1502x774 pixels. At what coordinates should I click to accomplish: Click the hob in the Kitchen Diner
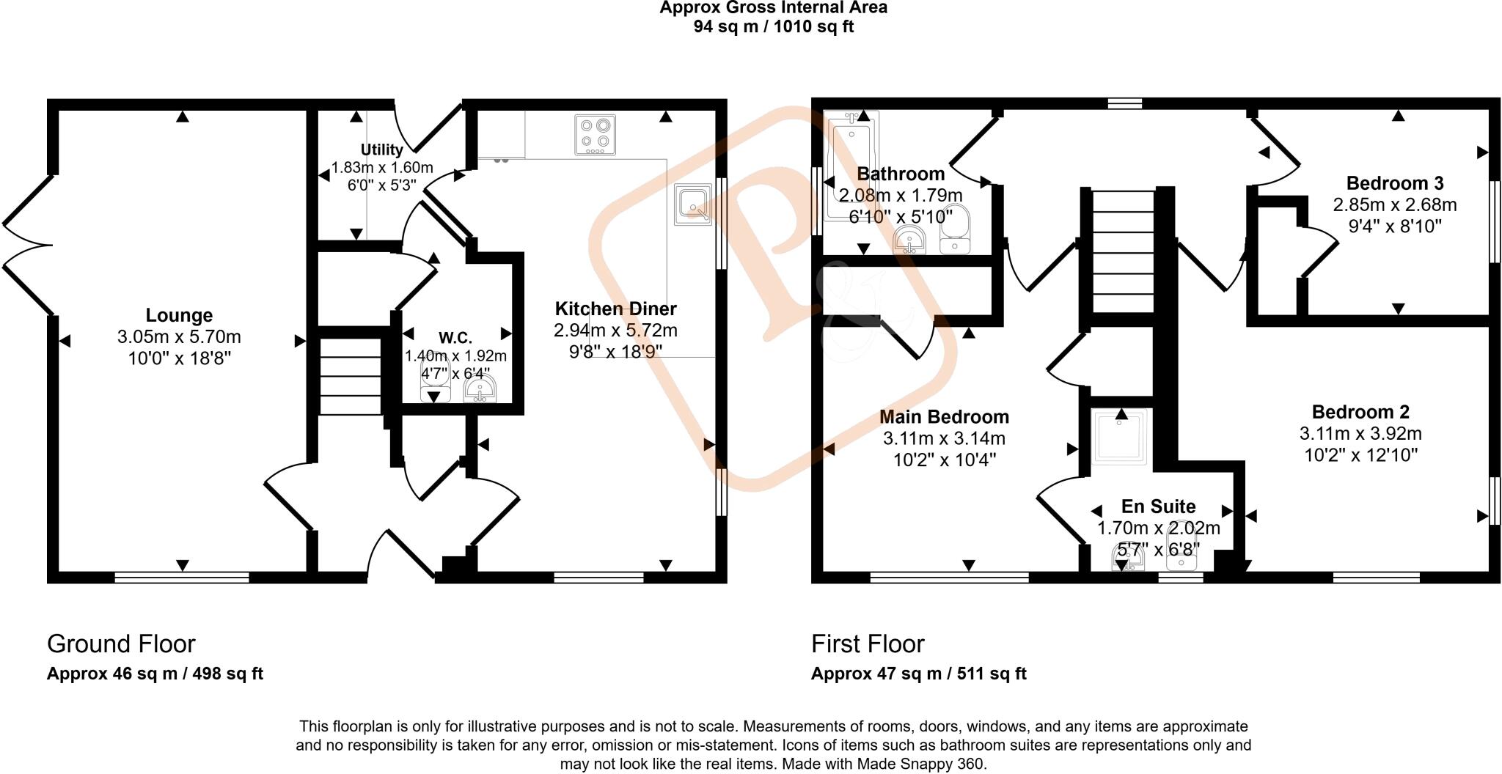[595, 135]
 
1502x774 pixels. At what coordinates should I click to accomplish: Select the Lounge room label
[179, 315]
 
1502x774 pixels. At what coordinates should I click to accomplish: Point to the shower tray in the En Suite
[1120, 437]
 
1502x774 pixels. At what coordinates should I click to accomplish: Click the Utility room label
[381, 150]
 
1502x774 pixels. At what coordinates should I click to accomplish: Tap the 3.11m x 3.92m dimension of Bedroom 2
[1360, 433]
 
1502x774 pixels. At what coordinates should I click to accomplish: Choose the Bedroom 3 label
[1394, 183]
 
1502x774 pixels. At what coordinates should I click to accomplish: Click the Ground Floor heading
[121, 644]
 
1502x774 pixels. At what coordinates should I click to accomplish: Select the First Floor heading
[868, 644]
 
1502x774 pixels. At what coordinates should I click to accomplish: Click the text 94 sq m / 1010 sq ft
[773, 27]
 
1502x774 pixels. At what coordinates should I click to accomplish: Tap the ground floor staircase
[351, 377]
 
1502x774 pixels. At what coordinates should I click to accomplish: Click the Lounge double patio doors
[28, 246]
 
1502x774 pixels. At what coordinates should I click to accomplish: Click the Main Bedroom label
[944, 417]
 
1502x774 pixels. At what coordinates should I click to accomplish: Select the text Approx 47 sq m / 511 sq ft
[918, 674]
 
